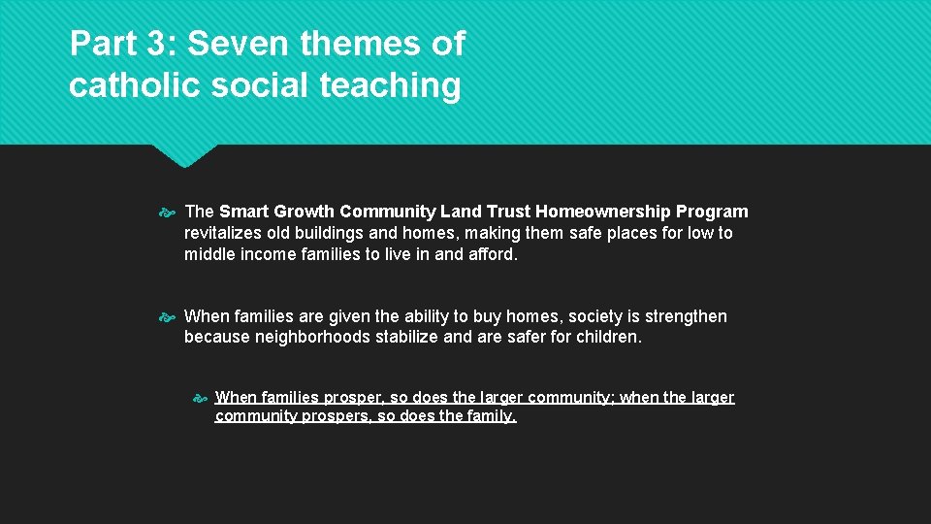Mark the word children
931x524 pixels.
tap(608, 338)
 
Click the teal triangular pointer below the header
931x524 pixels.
tap(182, 154)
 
